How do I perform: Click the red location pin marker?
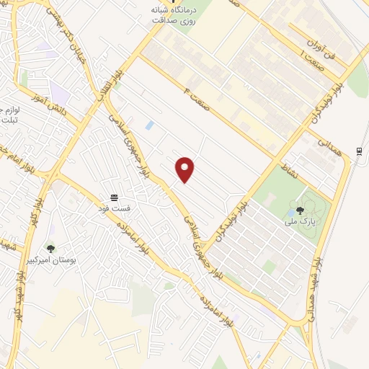click(185, 169)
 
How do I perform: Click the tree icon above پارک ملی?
click(300, 210)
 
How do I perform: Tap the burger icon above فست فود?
click(113, 197)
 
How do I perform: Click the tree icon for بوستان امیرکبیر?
click(50, 248)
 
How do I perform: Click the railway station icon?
click(359, 151)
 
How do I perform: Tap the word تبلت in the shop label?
click(9, 120)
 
